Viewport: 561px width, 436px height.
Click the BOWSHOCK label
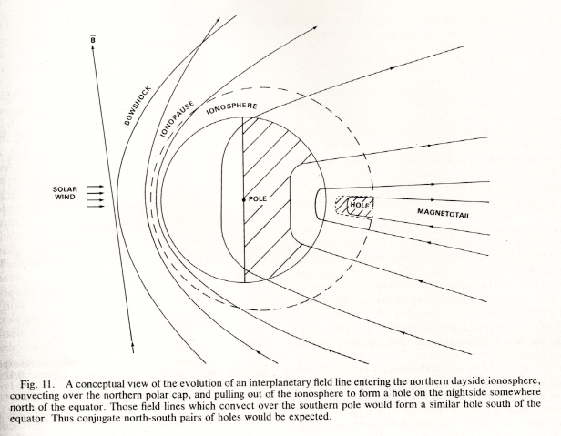click(138, 106)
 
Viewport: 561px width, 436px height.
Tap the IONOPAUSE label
click(177, 118)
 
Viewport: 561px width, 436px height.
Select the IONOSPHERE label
click(232, 108)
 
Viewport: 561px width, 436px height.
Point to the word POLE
click(258, 198)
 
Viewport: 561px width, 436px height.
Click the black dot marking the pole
click(244, 199)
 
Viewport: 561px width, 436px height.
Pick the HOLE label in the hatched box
click(359, 206)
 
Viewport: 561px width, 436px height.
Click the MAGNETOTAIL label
click(444, 214)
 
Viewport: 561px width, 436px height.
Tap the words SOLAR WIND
click(65, 193)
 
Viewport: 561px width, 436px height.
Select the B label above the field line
click(93, 39)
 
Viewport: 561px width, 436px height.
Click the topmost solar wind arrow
click(95, 187)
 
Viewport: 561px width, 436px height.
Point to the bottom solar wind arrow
click(95, 206)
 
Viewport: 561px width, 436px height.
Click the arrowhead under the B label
click(93, 48)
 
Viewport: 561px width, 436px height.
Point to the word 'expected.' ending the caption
click(313, 417)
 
